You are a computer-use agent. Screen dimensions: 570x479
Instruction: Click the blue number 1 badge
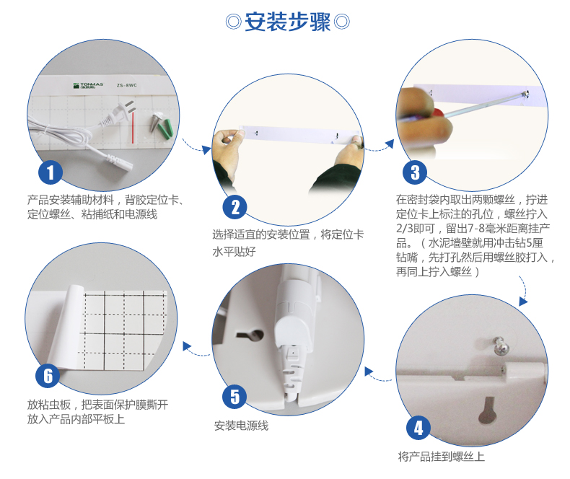click(x=51, y=172)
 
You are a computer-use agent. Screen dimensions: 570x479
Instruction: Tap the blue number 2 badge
click(x=234, y=207)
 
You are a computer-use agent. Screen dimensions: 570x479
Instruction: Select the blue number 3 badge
click(x=415, y=172)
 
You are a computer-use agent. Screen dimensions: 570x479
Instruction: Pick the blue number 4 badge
click(x=418, y=428)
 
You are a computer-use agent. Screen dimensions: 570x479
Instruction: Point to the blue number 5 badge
click(x=234, y=397)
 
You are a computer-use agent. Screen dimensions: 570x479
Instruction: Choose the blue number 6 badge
click(x=48, y=376)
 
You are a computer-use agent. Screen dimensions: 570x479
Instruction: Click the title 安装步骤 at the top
click(x=288, y=22)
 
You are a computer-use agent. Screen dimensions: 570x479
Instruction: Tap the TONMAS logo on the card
click(x=88, y=86)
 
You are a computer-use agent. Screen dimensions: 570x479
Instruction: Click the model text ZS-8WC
click(x=126, y=85)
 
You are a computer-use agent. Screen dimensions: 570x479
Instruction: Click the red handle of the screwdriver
click(x=439, y=113)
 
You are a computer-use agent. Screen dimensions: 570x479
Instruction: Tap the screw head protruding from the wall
click(x=500, y=346)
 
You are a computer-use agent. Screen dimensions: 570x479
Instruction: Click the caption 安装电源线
click(x=242, y=426)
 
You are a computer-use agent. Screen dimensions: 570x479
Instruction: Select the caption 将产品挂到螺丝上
click(x=442, y=457)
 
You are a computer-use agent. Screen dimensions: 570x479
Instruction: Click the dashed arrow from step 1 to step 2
click(x=196, y=146)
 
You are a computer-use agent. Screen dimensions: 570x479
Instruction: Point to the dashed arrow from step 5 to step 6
click(x=196, y=351)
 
